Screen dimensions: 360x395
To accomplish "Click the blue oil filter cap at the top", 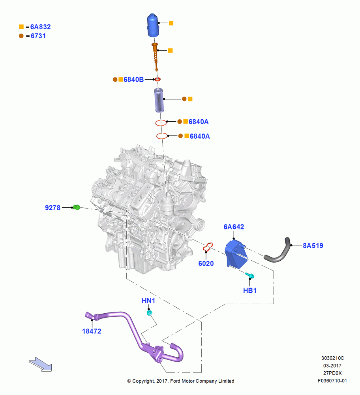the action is tap(153, 25).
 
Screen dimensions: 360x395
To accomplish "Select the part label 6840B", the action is tap(133, 80).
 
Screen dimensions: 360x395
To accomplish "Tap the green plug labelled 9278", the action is tap(76, 207).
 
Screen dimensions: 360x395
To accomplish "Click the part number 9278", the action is tap(52, 208).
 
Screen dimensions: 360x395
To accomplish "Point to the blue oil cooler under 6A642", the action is tap(236, 254).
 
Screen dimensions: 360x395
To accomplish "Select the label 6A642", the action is tap(234, 227).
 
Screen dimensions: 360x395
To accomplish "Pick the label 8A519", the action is tap(313, 246).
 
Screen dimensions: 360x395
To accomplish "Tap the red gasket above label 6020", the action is tap(208, 247).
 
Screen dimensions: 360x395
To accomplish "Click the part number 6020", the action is tap(206, 263).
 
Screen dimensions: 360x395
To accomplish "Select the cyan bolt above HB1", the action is tap(250, 276).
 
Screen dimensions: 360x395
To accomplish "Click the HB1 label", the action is tap(250, 290).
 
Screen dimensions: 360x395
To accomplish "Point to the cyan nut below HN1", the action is tap(150, 313).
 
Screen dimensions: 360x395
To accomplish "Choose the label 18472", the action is tap(92, 331).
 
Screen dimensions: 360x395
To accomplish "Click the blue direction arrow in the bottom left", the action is tap(41, 364).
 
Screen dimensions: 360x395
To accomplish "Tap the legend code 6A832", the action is tap(41, 27).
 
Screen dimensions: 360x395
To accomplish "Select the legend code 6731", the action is tap(38, 36).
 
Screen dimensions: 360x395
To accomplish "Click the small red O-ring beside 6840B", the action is tap(157, 79).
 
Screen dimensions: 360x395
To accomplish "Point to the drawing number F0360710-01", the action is tap(332, 381).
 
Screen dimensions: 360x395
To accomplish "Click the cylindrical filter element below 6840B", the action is tap(159, 100).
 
